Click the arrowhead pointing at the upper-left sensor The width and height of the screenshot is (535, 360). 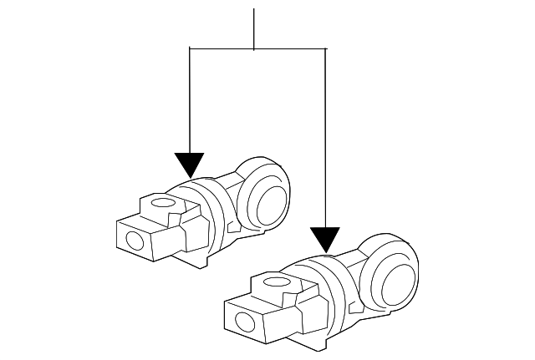tap(191, 164)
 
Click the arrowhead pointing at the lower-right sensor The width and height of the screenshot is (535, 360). tap(324, 239)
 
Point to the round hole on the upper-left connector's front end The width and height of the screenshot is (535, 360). tap(133, 242)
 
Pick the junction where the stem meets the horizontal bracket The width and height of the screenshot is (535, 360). tap(253, 49)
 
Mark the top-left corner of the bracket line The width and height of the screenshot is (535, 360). tap(191, 49)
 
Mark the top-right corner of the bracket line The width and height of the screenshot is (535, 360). tap(324, 49)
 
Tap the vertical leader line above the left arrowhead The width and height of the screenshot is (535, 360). tap(191, 100)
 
